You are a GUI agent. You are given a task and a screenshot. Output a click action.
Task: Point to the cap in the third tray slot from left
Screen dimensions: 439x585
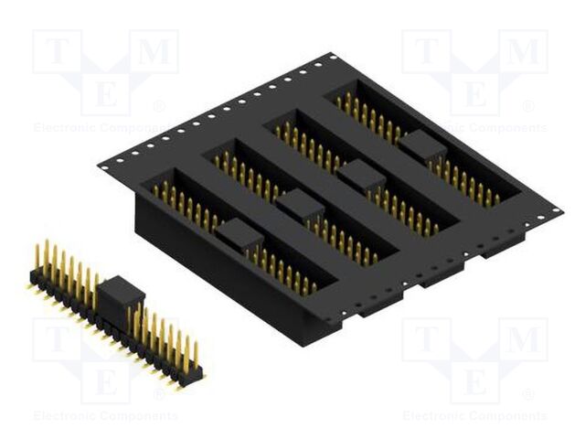[361, 174]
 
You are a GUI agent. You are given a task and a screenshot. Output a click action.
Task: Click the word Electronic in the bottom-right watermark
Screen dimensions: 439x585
[435, 416]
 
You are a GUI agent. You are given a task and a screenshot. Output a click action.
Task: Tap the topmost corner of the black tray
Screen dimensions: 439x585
[331, 58]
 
